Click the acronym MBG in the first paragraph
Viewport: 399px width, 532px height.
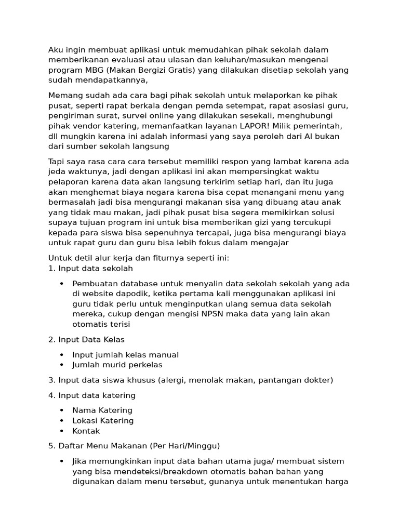90,70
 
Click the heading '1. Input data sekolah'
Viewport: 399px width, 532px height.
90,269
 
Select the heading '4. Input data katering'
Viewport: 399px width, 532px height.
91,395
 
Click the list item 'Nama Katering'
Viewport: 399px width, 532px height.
102,410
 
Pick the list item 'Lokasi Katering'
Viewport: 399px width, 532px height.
103,421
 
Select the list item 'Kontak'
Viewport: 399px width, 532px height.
86,431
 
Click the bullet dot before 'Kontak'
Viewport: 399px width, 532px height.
61,431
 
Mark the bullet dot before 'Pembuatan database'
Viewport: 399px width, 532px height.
61,284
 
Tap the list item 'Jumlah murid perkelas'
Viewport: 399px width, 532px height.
117,365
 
